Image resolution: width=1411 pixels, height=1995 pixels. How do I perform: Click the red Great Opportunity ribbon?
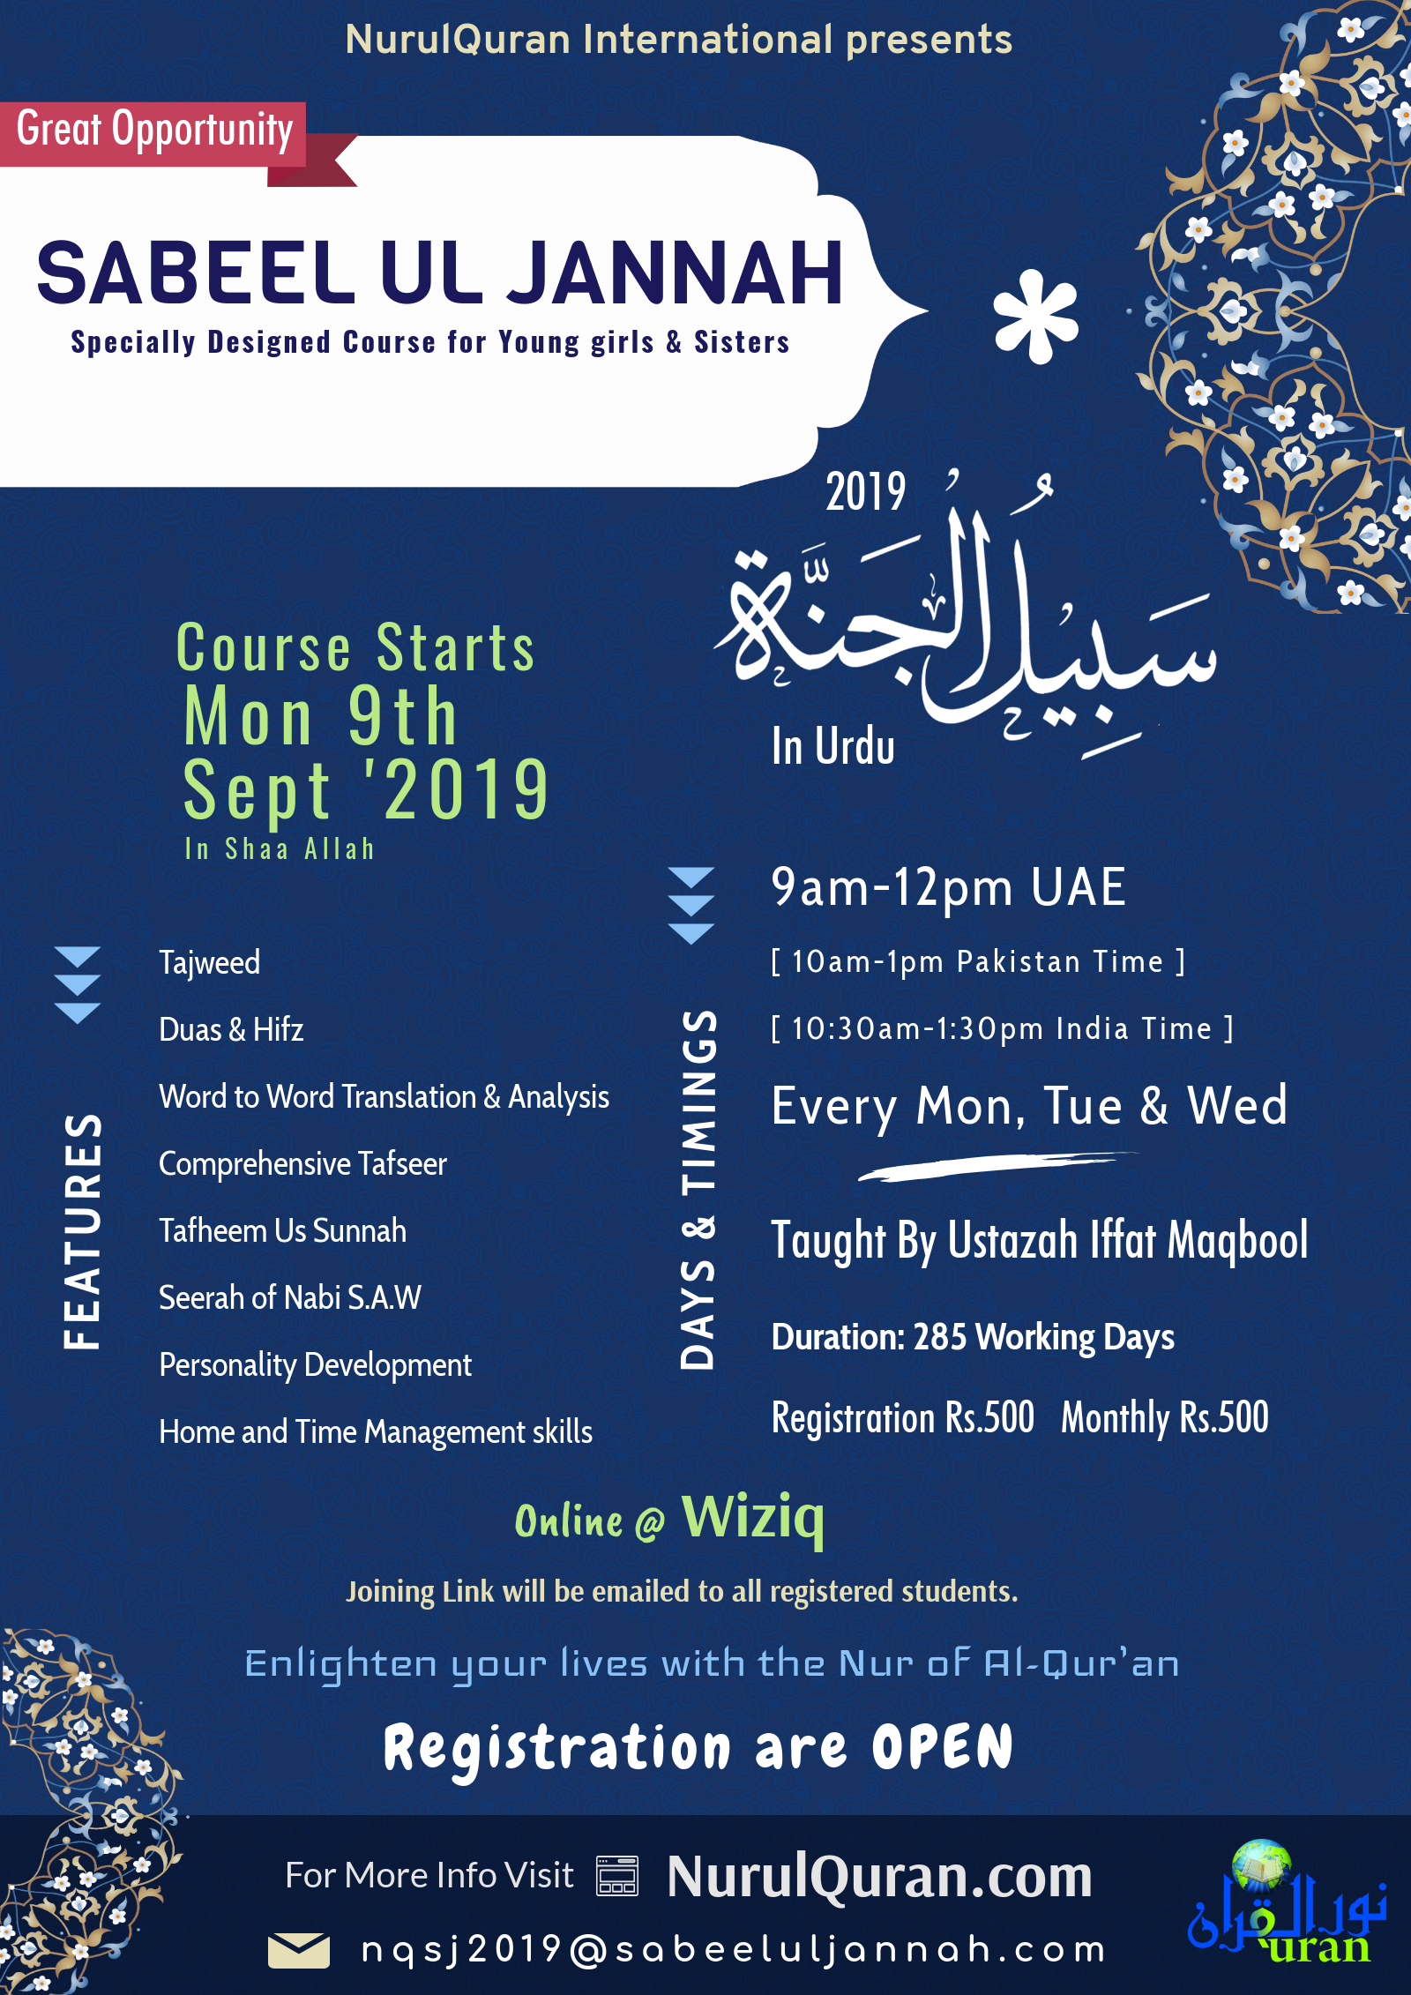coord(154,132)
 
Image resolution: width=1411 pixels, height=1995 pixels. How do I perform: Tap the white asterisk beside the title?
coord(1035,317)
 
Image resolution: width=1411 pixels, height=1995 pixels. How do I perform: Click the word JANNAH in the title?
coord(675,273)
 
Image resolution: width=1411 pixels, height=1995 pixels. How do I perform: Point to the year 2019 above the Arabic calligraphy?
coord(865,492)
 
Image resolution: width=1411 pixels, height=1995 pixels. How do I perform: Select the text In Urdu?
coord(832,746)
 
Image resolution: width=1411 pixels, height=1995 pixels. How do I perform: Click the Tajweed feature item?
coord(210,962)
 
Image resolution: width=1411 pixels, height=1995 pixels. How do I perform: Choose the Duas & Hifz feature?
coord(231,1029)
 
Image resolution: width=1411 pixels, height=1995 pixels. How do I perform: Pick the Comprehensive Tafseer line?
coord(302,1164)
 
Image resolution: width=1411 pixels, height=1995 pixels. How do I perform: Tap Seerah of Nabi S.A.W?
coord(290,1298)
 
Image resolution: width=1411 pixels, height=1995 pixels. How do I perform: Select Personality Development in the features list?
coord(315,1365)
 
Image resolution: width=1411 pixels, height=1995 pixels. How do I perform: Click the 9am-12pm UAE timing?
coord(948,887)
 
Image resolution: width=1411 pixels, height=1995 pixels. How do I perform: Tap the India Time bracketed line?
coord(1002,1028)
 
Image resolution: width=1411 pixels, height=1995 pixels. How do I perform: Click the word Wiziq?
coord(753,1517)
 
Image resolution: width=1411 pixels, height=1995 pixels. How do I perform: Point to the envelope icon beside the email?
coord(299,1950)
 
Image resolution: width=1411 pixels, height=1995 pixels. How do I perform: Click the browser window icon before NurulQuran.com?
coord(617,1876)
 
